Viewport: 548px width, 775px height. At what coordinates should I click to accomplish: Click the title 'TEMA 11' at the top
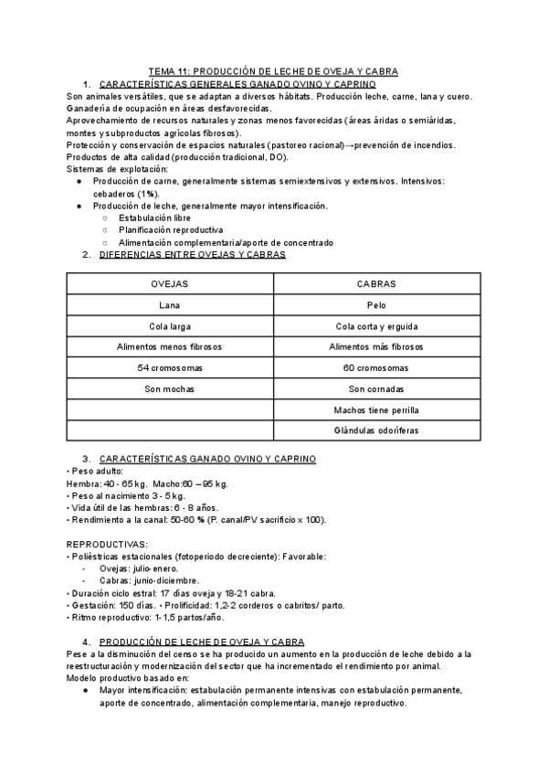(x=273, y=70)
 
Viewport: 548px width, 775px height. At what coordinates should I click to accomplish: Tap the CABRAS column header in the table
(x=378, y=283)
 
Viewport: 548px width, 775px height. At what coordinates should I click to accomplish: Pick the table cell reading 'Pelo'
(x=378, y=304)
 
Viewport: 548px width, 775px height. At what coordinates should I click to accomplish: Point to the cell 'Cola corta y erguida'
(x=378, y=325)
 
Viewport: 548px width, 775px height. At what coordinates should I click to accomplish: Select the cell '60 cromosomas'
(x=378, y=367)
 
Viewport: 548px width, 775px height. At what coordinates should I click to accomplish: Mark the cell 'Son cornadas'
(x=378, y=388)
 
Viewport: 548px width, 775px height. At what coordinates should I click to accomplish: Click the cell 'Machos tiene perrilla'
(x=378, y=409)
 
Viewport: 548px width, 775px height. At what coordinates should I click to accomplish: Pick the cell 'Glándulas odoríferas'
(x=378, y=430)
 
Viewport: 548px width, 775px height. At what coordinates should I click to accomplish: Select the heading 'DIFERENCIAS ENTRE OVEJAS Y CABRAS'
(x=191, y=255)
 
